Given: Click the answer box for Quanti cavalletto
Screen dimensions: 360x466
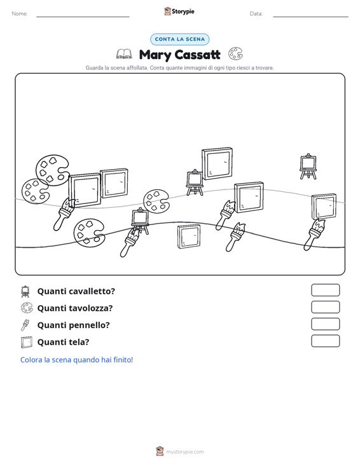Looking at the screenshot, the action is (325, 290).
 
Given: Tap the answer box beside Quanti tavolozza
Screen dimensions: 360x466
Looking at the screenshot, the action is (325, 307).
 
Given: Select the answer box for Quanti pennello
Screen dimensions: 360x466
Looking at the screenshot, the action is (325, 324).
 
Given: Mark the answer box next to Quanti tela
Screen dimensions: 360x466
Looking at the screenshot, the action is (325, 341).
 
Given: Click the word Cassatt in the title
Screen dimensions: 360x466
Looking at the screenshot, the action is (197, 55).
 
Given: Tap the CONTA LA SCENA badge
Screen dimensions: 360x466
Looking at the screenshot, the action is (180, 39).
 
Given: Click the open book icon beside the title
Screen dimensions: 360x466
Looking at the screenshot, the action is (124, 54).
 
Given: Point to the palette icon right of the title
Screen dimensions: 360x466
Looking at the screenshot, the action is (235, 54).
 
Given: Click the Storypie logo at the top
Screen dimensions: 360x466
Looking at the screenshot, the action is (179, 11).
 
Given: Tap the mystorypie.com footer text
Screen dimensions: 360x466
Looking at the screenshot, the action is (184, 452).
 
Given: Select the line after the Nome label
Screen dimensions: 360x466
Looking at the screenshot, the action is (83, 17).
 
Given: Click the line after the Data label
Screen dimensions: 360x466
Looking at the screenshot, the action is (310, 17).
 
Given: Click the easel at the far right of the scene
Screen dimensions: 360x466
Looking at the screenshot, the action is (308, 167).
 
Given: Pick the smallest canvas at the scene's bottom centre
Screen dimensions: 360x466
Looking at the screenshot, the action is (189, 236).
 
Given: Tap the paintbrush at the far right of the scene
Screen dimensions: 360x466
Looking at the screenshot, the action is (314, 235).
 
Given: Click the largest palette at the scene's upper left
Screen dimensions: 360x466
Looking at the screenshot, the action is (53, 170).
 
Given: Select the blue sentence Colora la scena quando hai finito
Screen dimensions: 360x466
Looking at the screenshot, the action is (76, 360).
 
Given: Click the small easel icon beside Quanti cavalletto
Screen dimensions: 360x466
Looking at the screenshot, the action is (25, 292).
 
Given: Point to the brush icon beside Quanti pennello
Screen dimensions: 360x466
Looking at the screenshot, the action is (25, 325).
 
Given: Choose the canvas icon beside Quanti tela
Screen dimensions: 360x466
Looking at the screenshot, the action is (27, 342).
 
